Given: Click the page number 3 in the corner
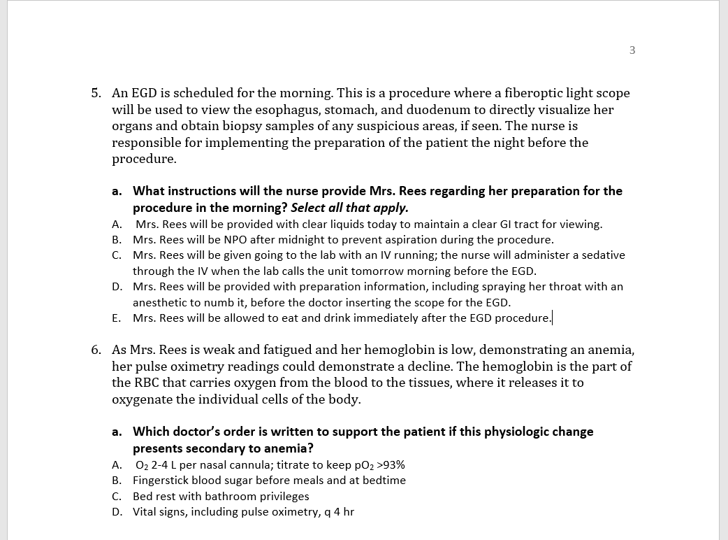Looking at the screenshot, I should pos(632,50).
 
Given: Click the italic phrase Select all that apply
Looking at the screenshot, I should pos(349,208).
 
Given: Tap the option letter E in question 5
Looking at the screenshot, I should pos(116,318).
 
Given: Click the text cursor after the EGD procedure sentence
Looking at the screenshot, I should pos(553,318).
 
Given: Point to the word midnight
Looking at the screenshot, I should pos(307,239).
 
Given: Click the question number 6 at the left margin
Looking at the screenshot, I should pos(96,350).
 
